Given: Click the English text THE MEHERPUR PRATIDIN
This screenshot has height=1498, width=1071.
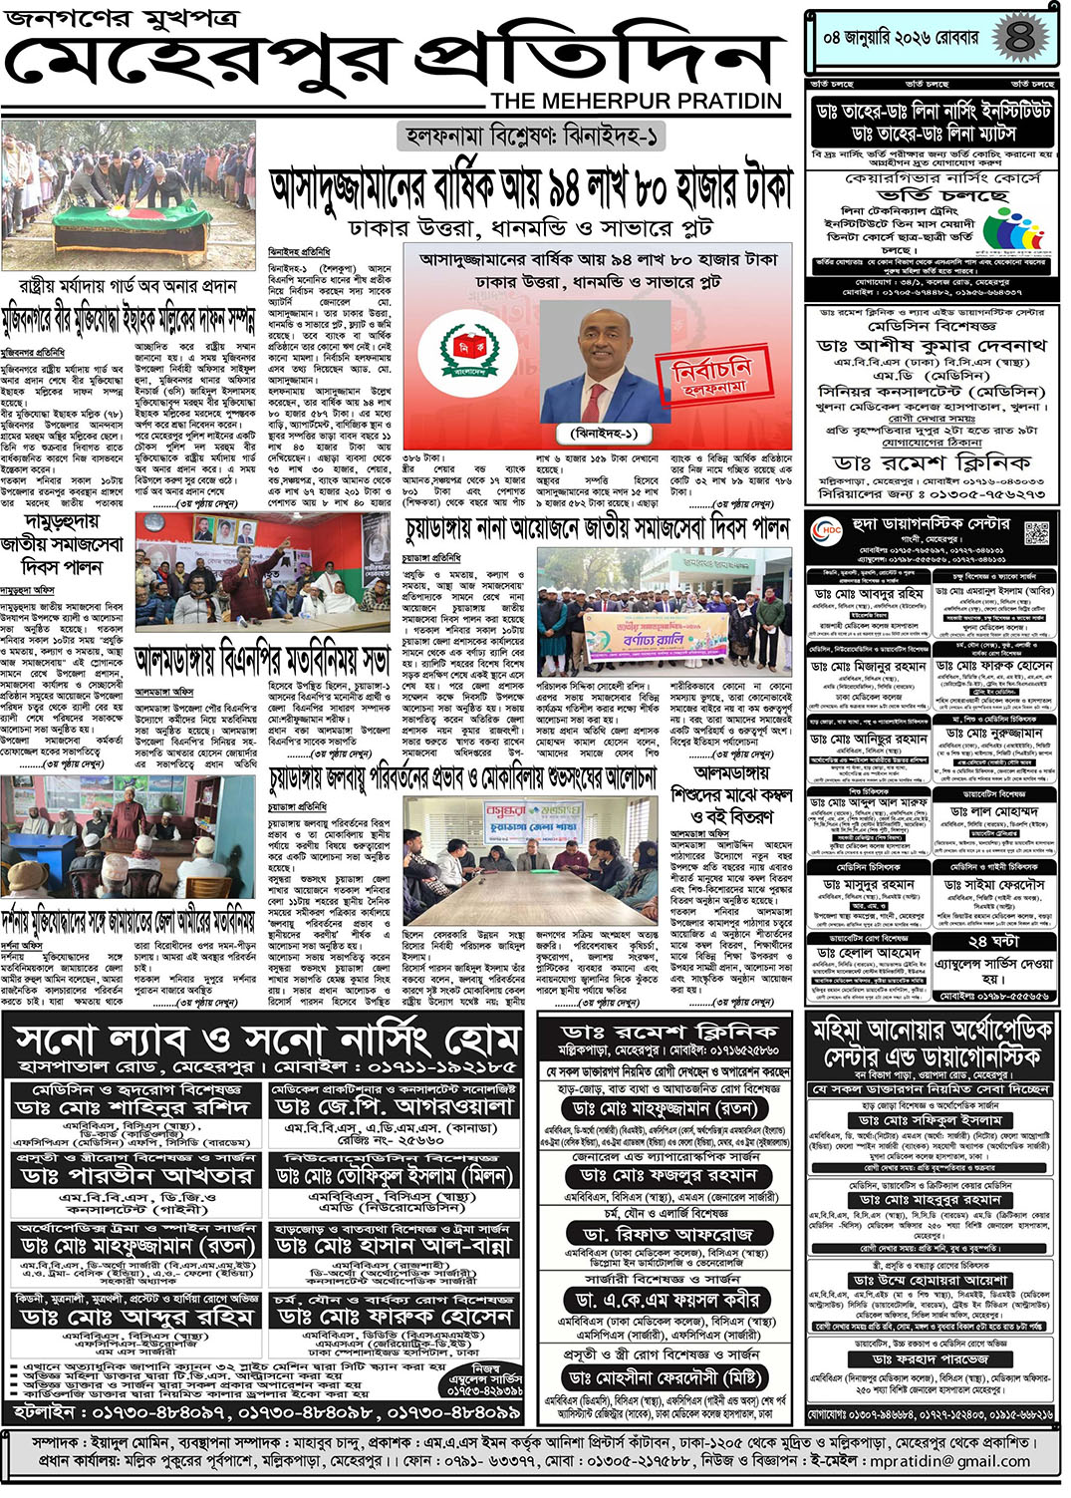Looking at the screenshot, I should coord(637,101).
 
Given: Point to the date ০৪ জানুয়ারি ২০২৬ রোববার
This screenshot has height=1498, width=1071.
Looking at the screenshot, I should coord(902,40).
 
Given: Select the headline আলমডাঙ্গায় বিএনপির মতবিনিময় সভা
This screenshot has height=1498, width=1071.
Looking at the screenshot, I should coord(262,661).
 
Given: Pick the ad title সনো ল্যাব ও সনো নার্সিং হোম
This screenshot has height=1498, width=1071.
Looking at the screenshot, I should coord(266,1042).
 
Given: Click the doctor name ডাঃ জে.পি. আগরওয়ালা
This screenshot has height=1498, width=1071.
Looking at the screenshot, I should coord(395,1107).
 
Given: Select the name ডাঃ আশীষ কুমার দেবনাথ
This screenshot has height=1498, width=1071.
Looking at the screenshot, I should coord(931,345).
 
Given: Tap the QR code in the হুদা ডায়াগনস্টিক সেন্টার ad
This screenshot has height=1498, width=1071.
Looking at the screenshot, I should coord(1037,532).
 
